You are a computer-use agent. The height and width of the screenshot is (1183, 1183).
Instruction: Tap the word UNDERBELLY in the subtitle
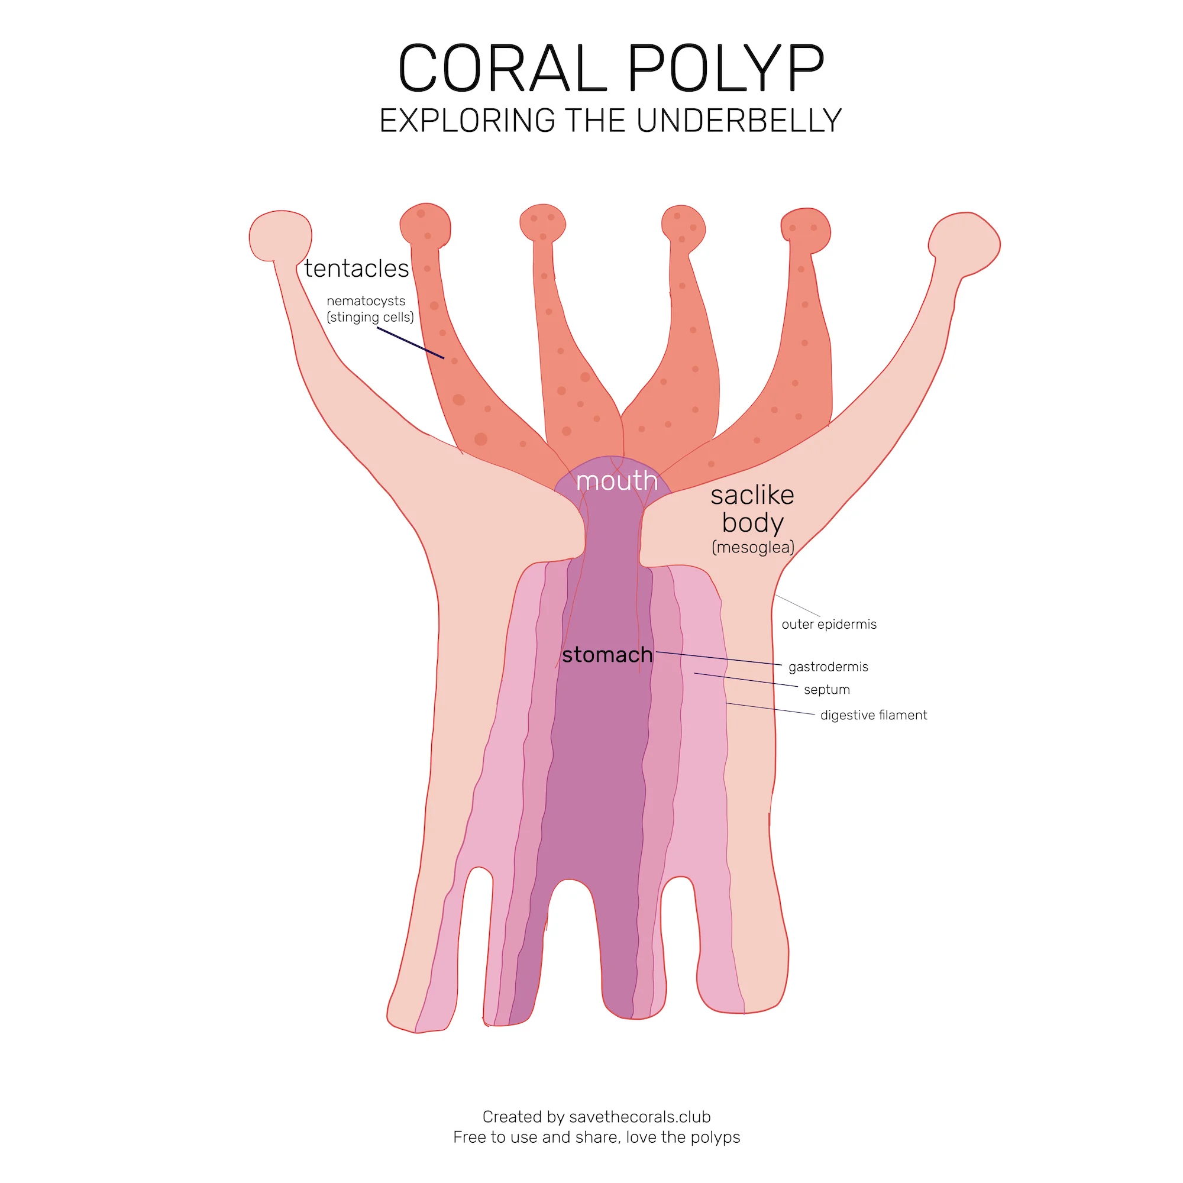tap(738, 121)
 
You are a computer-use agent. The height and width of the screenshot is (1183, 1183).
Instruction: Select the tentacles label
tap(356, 269)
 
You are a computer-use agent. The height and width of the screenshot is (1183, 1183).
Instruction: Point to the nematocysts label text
tap(366, 301)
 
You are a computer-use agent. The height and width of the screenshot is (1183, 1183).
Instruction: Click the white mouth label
tap(616, 481)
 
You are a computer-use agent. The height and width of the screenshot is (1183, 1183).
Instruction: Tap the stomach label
tap(607, 655)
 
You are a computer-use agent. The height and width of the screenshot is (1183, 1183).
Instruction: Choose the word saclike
tap(752, 494)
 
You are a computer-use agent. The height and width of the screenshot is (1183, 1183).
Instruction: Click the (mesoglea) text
tap(752, 547)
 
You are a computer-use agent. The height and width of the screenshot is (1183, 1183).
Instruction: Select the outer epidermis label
tap(829, 624)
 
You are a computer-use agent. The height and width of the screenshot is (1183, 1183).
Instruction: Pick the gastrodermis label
tap(828, 666)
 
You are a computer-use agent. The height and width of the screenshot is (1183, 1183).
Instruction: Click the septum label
tap(827, 690)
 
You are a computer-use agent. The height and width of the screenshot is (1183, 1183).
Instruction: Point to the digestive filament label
tap(873, 715)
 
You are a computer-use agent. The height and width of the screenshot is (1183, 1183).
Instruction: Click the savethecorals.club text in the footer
tap(639, 1116)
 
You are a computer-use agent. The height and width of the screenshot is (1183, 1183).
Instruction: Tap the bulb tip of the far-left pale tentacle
tap(280, 236)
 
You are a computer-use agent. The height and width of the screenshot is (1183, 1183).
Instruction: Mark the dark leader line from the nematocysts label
tap(411, 343)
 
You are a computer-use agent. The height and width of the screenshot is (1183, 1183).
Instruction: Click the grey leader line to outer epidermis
tap(797, 605)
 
